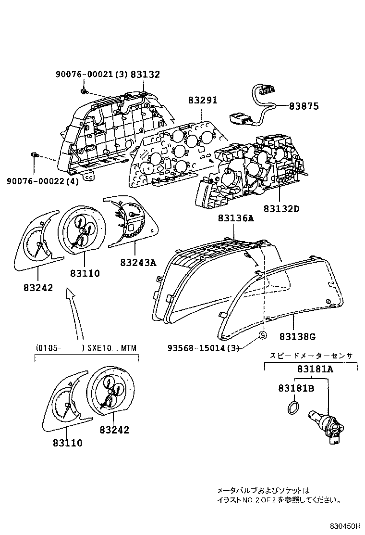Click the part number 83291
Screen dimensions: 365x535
coord(203,100)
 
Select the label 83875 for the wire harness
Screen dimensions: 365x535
coord(304,106)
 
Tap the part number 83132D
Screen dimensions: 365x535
coord(281,208)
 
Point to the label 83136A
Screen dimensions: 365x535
coord(236,217)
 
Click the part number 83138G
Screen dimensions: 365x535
coord(297,337)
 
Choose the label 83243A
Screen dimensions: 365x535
coord(138,262)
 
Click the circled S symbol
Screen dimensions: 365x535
coord(263,335)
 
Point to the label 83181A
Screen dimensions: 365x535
coord(315,369)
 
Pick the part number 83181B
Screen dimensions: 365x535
coord(296,388)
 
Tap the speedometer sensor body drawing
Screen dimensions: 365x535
coord(326,426)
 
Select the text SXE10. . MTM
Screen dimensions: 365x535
coord(112,348)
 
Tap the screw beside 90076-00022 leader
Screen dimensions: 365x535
coord(35,155)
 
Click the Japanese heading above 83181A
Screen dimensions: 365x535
coord(311,356)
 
